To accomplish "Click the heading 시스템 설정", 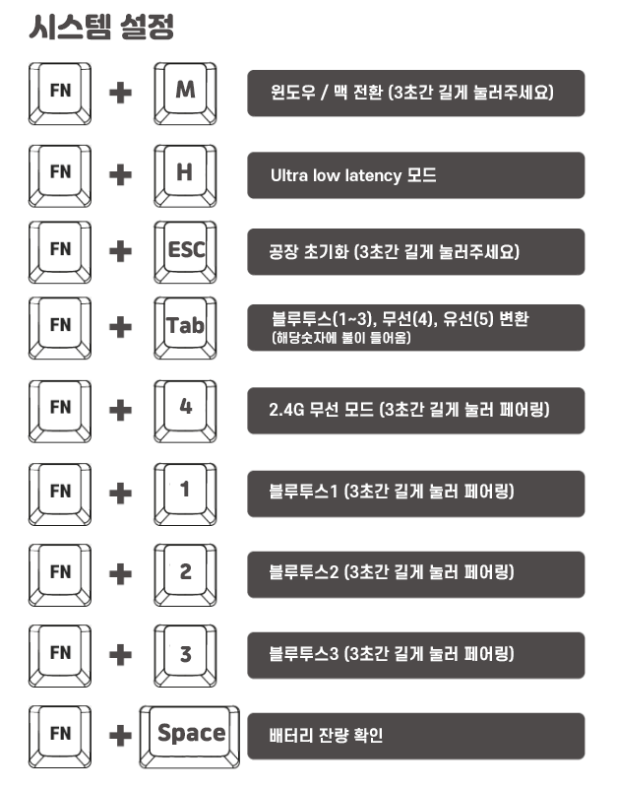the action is (102, 27).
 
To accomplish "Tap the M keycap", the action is (185, 92).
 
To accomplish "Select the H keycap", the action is (185, 173).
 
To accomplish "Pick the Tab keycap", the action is (185, 326).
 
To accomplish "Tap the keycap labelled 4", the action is (185, 407).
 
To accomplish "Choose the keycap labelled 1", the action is (185, 490).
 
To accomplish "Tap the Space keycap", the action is (192, 734).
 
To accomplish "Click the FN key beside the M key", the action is (61, 92).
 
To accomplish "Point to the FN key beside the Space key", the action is (61, 734).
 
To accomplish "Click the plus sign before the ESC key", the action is (121, 251).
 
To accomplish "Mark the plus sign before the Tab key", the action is (121, 328).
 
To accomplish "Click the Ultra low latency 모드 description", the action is (353, 176).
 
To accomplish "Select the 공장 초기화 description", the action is (395, 251).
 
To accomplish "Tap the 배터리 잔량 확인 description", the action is (326, 736).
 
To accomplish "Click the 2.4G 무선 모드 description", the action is (408, 410).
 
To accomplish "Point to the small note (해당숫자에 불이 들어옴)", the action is (340, 339).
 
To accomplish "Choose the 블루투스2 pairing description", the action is (392, 572).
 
